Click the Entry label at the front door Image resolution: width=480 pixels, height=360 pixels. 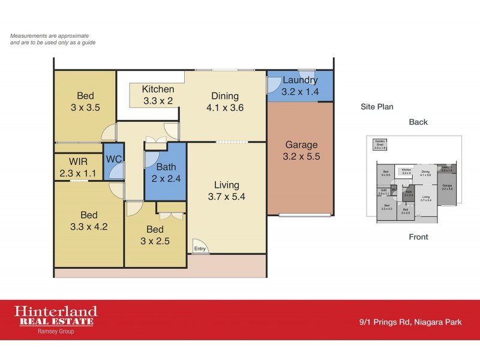tap(200, 248)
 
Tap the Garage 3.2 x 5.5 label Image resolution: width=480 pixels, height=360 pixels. tap(301, 151)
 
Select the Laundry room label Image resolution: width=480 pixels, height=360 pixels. tap(300, 86)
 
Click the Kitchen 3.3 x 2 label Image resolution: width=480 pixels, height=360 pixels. tap(158, 95)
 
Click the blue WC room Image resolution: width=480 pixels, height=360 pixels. tap(113, 160)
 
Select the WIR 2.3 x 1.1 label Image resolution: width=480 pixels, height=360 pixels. tap(78, 167)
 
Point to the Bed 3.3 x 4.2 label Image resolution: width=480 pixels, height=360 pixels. tap(89, 221)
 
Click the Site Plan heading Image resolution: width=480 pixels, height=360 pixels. tap(377, 107)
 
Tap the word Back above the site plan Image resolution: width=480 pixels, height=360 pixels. tap(418, 122)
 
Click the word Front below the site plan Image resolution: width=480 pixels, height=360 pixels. tap(418, 237)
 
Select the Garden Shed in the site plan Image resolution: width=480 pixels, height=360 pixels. tap(380, 145)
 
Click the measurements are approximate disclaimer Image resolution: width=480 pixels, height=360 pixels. tap(53, 40)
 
